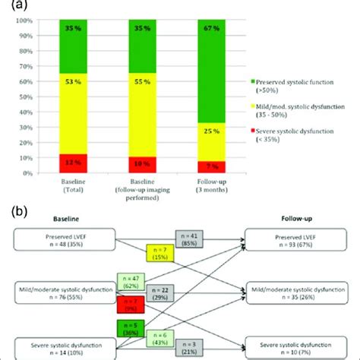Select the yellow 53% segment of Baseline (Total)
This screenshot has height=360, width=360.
(x=77, y=113)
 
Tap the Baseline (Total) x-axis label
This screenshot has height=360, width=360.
(x=77, y=183)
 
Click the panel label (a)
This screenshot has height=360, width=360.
(x=10, y=6)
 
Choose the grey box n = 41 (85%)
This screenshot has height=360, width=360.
(x=187, y=240)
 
